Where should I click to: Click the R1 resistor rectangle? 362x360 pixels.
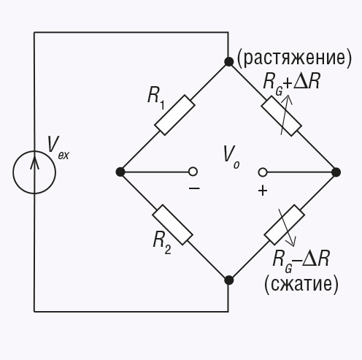click(x=174, y=115)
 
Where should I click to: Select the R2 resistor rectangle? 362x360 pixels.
click(x=173, y=225)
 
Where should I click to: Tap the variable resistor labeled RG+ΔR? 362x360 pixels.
click(x=282, y=116)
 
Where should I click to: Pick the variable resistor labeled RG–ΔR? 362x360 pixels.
click(x=285, y=225)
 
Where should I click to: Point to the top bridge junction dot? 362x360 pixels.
click(x=228, y=62)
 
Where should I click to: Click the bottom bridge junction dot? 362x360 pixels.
click(x=228, y=280)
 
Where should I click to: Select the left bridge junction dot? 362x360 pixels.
click(x=120, y=172)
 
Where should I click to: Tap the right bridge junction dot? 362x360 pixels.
click(x=336, y=172)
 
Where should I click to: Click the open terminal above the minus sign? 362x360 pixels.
click(x=193, y=172)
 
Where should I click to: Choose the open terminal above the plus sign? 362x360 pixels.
click(x=263, y=172)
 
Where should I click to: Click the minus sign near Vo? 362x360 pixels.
click(x=194, y=188)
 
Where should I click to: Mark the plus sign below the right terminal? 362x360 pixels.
click(x=263, y=191)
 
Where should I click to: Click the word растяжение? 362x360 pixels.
click(x=294, y=59)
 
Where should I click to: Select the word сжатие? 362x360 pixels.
click(x=301, y=285)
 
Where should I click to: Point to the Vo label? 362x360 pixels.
click(x=231, y=157)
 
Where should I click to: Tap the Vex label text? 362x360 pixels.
click(x=58, y=148)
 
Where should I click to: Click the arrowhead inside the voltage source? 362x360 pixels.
click(x=34, y=161)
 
